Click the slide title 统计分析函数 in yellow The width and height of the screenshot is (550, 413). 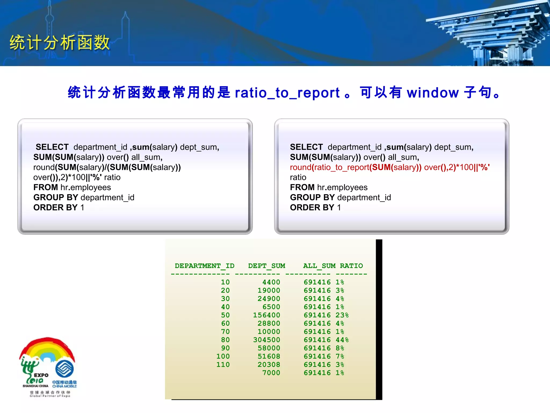click(60, 42)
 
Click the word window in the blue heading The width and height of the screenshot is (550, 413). click(433, 93)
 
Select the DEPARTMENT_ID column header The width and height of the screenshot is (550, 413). click(204, 266)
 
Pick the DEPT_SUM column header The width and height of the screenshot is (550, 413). click(266, 266)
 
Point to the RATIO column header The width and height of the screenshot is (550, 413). click(351, 266)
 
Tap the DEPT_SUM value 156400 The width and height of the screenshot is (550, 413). click(266, 315)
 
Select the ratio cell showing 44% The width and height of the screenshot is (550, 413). click(342, 340)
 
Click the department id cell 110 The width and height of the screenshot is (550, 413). click(223, 365)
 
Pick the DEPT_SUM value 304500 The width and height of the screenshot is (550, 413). click(266, 340)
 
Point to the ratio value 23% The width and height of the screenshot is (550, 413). click(342, 315)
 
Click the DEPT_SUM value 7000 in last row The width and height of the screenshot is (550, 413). click(271, 373)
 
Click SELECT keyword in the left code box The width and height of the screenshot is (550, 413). click(52, 147)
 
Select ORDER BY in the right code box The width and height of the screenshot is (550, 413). click(312, 208)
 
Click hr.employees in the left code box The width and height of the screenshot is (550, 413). click(85, 187)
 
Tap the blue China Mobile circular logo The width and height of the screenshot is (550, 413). click(64, 369)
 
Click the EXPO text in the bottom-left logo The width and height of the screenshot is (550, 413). click(41, 375)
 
